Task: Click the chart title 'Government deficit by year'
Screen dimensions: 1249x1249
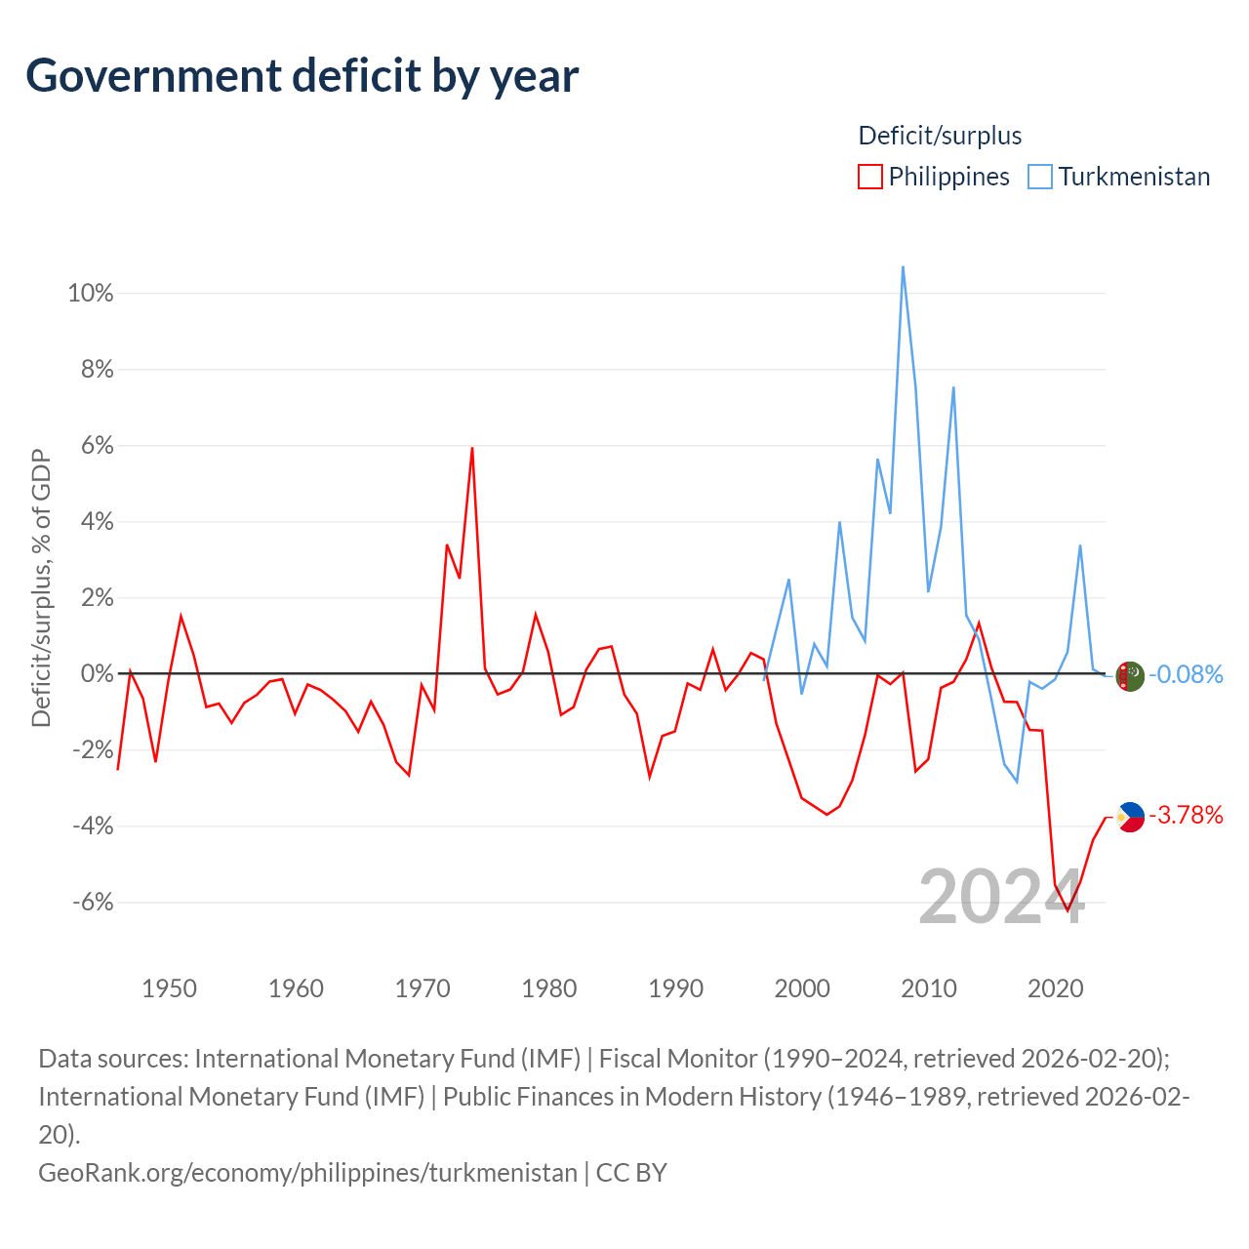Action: (x=302, y=76)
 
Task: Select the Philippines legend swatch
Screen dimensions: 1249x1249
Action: (x=869, y=177)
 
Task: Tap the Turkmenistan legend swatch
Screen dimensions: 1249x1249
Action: (x=1040, y=177)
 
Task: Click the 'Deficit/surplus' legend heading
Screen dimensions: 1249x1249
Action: (x=940, y=136)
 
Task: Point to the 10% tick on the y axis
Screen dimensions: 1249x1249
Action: (x=91, y=293)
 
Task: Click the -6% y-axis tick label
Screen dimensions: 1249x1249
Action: (x=93, y=903)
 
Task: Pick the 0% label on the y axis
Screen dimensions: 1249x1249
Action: (x=97, y=674)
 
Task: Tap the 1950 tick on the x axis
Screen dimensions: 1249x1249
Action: (x=169, y=988)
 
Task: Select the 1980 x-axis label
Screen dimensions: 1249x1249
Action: (x=549, y=988)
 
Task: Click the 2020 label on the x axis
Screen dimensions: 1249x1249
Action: (x=1056, y=988)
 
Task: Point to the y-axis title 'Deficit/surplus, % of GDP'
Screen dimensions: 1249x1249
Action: (x=41, y=588)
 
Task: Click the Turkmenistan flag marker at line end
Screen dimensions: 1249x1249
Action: (x=1130, y=675)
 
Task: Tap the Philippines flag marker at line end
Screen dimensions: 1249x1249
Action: (x=1130, y=817)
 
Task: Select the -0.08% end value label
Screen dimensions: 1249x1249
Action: (x=1186, y=674)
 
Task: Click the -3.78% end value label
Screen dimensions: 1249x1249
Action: (x=1186, y=815)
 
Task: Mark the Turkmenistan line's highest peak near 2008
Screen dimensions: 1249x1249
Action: (x=903, y=266)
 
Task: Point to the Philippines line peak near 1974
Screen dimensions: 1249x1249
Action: (x=472, y=448)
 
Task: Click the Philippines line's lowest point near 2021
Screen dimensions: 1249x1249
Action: (x=1068, y=910)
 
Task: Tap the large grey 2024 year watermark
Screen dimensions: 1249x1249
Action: (x=1001, y=897)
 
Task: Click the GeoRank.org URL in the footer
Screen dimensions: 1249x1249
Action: (x=307, y=1172)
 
